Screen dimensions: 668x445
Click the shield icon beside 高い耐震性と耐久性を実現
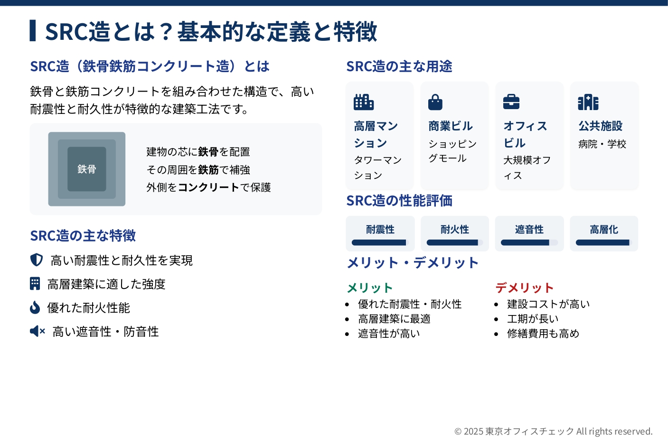(37, 260)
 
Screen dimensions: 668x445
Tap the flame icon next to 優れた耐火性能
(35, 307)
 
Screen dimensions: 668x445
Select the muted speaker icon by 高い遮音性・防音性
(38, 331)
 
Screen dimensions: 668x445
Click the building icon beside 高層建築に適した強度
(35, 283)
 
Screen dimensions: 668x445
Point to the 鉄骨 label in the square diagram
(87, 169)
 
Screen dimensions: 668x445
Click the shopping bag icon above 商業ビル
(435, 102)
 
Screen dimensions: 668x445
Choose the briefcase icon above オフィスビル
(511, 102)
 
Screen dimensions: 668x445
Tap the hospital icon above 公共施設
(588, 102)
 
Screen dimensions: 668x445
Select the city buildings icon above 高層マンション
(364, 102)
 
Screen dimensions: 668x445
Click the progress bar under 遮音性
(529, 242)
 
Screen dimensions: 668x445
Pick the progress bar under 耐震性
(380, 242)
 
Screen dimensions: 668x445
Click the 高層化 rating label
(604, 230)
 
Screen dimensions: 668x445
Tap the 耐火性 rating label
(455, 230)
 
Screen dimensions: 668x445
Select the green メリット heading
(370, 288)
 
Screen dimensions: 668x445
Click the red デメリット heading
(525, 288)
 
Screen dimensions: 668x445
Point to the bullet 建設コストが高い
(548, 304)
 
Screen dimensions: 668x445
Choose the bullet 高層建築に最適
(394, 319)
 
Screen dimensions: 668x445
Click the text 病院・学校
(602, 144)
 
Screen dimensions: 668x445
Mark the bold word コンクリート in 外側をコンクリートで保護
(208, 187)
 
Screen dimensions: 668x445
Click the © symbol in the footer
(458, 432)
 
